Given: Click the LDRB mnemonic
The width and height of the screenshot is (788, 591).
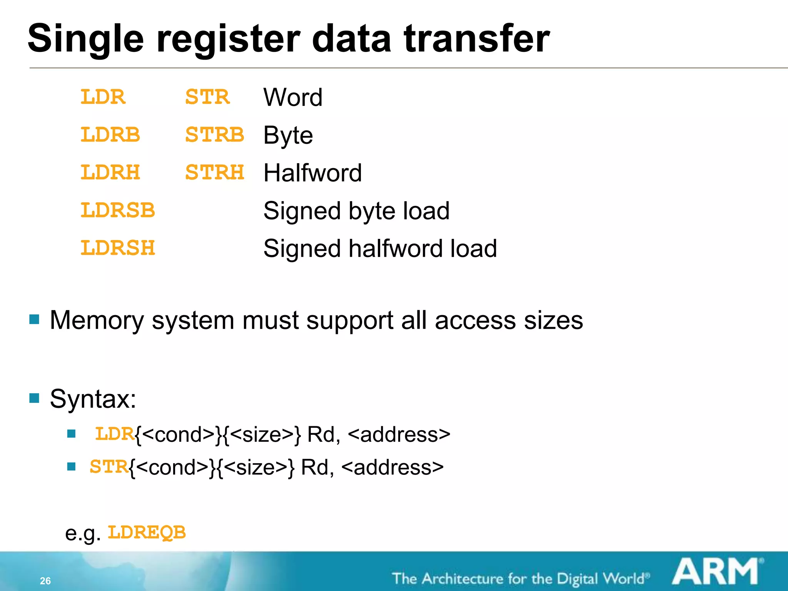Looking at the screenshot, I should tap(110, 135).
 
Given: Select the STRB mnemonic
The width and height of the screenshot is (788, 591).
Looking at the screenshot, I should tap(215, 135).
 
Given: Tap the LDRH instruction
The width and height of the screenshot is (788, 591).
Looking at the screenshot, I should tap(110, 172).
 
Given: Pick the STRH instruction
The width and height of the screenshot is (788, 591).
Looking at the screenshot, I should tap(215, 172).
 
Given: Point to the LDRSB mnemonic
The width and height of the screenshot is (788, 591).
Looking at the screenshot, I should tap(117, 210).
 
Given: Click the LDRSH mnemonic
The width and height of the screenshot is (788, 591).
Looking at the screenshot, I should tap(117, 248).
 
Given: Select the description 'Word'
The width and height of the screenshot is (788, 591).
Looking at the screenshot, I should tap(293, 97).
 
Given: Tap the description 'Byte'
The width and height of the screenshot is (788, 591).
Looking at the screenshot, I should tap(288, 135).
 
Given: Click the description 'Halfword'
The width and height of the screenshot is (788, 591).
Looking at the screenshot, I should tap(312, 173).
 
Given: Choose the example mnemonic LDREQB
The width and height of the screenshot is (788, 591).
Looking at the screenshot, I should tap(147, 533).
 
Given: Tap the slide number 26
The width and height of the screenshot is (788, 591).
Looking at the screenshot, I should tap(45, 581).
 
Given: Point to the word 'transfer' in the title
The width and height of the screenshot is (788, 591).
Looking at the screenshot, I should tap(477, 39).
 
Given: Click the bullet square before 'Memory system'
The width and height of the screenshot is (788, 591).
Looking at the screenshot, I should tap(34, 319).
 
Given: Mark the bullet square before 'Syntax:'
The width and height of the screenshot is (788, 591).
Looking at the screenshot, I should tap(34, 398).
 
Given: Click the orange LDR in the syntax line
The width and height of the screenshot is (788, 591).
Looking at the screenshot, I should tap(115, 434).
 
